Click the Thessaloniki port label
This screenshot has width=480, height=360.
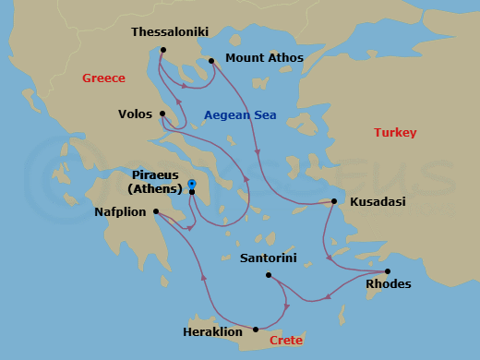[170, 32]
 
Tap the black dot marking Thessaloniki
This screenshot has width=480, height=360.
[162, 50]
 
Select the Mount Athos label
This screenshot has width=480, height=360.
[265, 58]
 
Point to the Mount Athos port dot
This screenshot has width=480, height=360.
[211, 62]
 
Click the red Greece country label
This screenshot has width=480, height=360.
[103, 78]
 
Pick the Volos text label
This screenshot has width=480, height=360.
[136, 114]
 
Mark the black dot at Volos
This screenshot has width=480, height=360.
[162, 114]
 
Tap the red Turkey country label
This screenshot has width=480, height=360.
[395, 133]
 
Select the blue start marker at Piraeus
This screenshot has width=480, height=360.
[191, 184]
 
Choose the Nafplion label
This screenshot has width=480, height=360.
[121, 211]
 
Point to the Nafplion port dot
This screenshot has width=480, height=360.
[156, 211]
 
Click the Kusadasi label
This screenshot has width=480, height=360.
[378, 201]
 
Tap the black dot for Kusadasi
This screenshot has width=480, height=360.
[334, 201]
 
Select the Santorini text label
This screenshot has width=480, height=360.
[268, 258]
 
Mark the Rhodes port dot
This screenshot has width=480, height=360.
[387, 272]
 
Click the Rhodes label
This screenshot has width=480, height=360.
[389, 284]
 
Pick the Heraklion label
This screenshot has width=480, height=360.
[213, 330]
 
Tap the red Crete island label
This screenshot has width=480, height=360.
[286, 341]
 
